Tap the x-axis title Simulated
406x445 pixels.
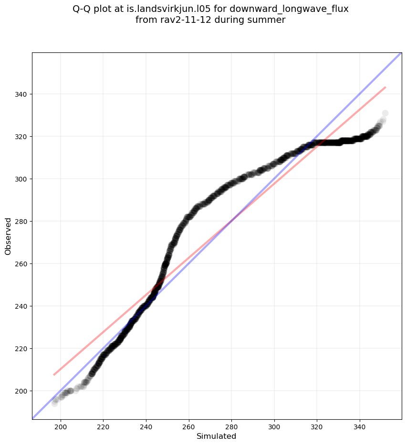(x=217, y=436)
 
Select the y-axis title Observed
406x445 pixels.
(x=8, y=236)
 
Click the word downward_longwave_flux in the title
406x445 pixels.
(x=289, y=10)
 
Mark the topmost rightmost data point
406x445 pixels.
(x=385, y=113)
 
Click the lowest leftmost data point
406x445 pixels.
(x=55, y=403)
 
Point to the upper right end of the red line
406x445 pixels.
(x=385, y=87)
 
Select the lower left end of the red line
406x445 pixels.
(x=54, y=375)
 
